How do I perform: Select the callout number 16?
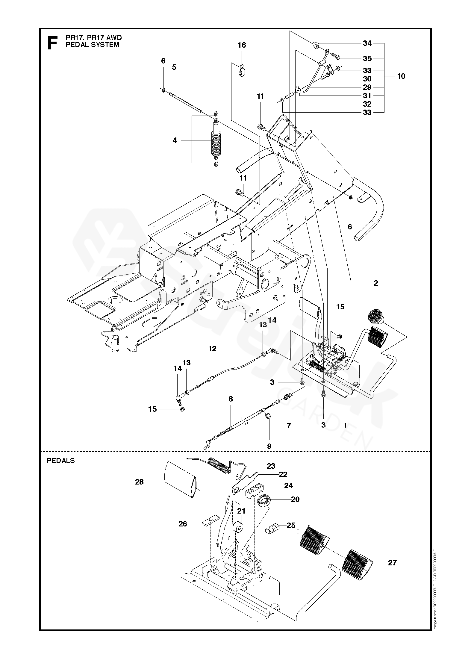(x=242, y=45)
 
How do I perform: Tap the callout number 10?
(x=401, y=76)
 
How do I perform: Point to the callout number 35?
(x=367, y=58)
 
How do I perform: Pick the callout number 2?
(x=376, y=283)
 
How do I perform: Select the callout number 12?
(x=212, y=349)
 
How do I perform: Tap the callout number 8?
(x=230, y=399)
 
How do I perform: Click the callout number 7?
(x=289, y=426)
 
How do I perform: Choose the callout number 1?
(x=345, y=425)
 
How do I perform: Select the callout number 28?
(x=140, y=482)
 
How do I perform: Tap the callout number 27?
(x=392, y=563)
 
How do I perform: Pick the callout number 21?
(x=241, y=511)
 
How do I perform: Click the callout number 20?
(x=295, y=499)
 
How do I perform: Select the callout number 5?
(x=174, y=67)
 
